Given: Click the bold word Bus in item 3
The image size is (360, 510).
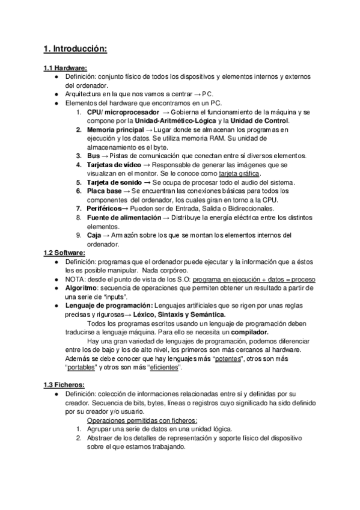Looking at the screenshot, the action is pyautogui.click(x=93, y=156).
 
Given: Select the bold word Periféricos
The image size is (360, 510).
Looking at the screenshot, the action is pyautogui.click(x=104, y=209).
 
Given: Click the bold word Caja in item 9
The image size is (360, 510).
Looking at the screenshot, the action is pyautogui.click(x=95, y=235).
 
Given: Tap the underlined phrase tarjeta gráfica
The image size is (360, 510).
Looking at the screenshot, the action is pyautogui.click(x=239, y=174).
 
